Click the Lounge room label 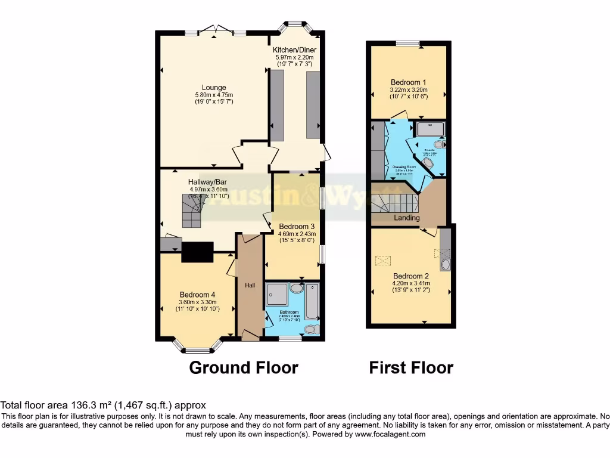point(214,88)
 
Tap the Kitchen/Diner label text point(294,49)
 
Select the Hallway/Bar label point(208,182)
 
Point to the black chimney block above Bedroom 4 point(197,252)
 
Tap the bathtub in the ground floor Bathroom point(312,302)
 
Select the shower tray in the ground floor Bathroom point(277,294)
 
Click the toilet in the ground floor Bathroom point(311,329)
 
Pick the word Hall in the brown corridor point(250,286)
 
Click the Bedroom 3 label point(297,227)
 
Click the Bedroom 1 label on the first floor point(408,82)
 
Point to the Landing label point(406,218)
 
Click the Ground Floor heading point(243,367)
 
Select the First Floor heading point(411,367)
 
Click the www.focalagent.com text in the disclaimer point(391,435)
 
